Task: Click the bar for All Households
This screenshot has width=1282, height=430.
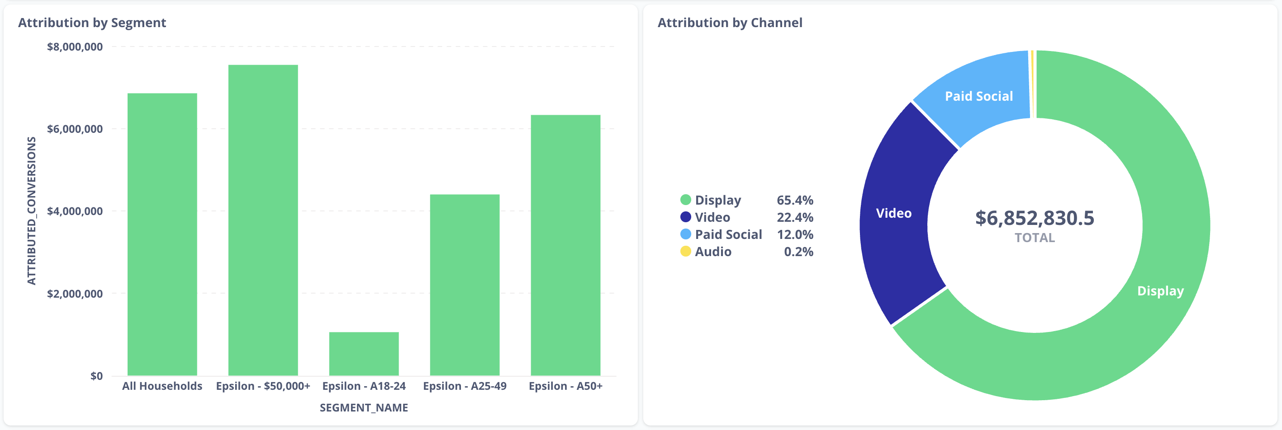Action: [162, 234]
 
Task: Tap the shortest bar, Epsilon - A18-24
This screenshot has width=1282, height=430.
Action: [364, 354]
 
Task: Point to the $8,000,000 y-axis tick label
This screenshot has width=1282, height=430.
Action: [75, 47]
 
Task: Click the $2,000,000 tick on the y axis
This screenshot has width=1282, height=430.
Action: [75, 293]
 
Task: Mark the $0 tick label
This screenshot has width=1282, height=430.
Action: [96, 376]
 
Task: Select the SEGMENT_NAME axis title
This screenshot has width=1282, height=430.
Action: [364, 407]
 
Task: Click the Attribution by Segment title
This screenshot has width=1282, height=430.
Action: [92, 23]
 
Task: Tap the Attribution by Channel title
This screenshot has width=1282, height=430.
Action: [730, 23]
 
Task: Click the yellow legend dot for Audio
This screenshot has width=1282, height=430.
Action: [686, 252]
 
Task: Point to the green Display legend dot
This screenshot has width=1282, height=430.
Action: [686, 200]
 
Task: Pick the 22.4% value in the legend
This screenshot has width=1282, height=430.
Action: [795, 217]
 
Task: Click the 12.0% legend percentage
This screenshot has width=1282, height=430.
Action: [795, 234]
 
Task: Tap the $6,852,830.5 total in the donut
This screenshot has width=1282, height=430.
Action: [1035, 218]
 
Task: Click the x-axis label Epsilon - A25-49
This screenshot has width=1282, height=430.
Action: [464, 386]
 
